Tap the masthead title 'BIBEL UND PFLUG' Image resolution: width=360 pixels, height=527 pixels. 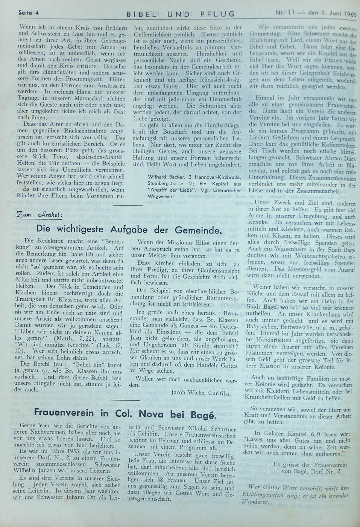click(181, 14)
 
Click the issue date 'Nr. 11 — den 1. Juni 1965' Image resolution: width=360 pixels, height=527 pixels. click(316, 13)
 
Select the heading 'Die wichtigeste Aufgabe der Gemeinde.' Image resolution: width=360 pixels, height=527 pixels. click(128, 229)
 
